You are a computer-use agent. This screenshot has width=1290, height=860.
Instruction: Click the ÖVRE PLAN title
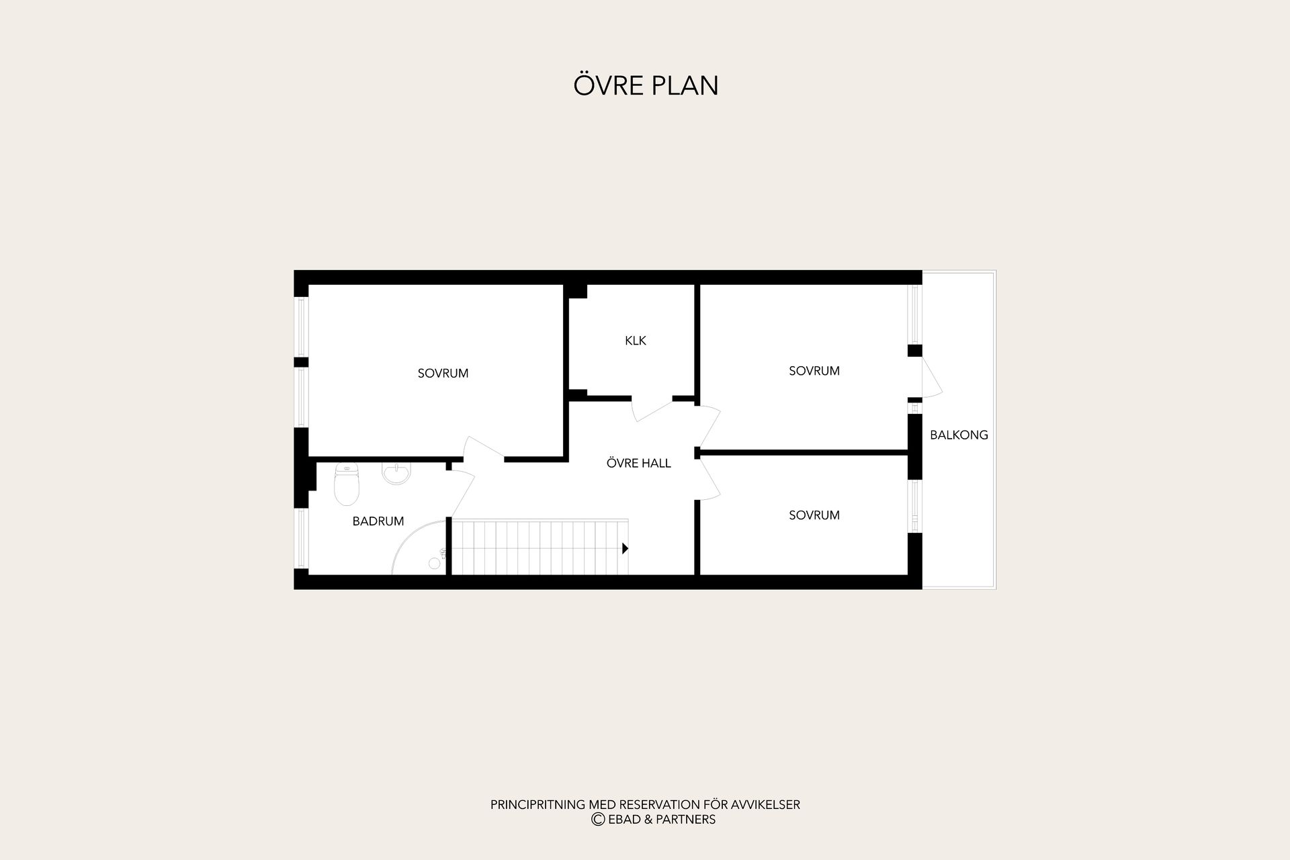coord(646,85)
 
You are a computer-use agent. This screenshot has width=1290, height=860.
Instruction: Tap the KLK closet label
coord(636,341)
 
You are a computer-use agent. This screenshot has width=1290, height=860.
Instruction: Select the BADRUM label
coord(378,521)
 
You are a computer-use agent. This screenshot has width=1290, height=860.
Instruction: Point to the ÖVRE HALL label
coord(638,463)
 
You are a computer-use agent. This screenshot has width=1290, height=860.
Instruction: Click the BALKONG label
coord(959,435)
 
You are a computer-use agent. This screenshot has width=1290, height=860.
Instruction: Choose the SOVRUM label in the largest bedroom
coord(443,374)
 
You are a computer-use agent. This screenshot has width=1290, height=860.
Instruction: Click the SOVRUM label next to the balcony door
coord(814,371)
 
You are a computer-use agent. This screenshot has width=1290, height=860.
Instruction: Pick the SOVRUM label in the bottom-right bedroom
coord(814,515)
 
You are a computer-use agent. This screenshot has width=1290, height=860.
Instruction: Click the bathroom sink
coord(396,473)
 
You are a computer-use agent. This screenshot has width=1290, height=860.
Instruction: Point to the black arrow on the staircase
coord(625,548)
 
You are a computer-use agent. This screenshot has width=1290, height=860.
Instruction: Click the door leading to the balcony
coord(931,378)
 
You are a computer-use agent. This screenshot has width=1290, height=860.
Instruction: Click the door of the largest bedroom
coord(484,449)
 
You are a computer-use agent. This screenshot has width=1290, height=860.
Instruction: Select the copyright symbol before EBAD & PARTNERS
coord(597,820)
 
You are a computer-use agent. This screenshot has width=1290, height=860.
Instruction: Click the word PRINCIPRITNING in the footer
coord(538,805)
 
